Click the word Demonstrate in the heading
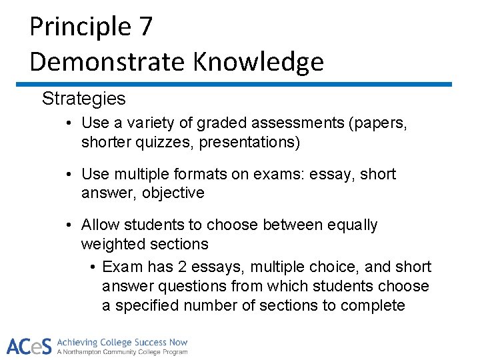(x=107, y=61)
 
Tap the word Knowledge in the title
(x=259, y=61)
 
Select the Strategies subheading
(x=83, y=99)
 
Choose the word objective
(x=171, y=193)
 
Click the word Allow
(x=99, y=225)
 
